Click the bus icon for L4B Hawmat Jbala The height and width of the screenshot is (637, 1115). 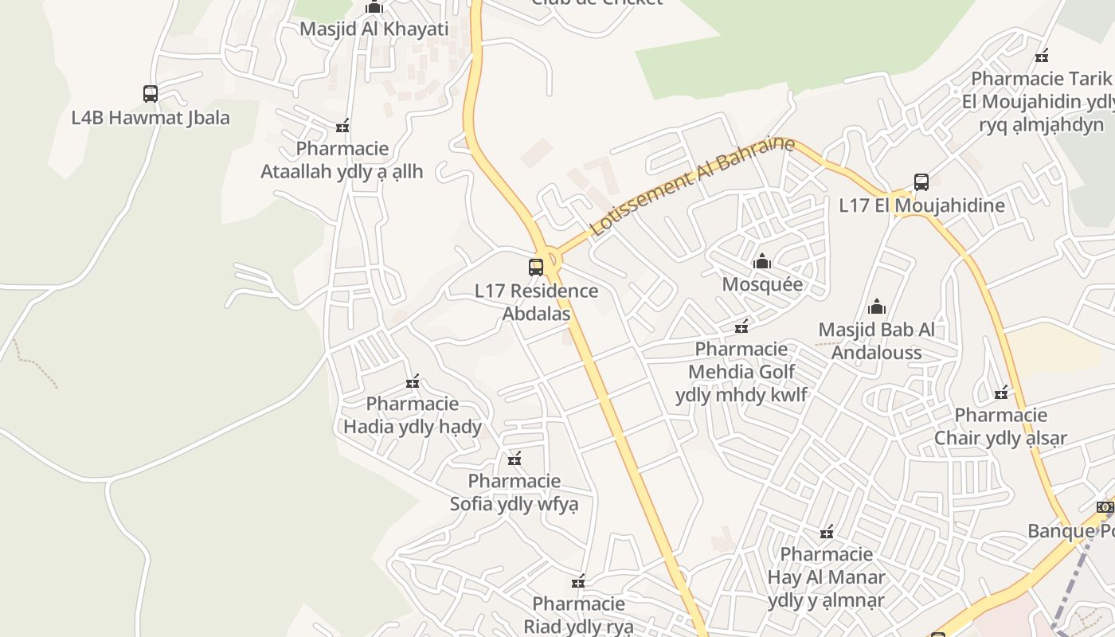tap(151, 94)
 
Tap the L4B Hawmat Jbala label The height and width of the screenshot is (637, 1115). tap(151, 118)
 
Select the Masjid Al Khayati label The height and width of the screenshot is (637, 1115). tap(374, 29)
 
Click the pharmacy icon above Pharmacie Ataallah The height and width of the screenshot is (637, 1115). tap(342, 126)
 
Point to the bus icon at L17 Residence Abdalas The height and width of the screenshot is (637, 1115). tap(536, 268)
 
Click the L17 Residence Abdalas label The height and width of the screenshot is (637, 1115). tap(536, 302)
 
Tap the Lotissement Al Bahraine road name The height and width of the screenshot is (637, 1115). tap(692, 186)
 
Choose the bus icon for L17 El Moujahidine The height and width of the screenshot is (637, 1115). tap(921, 182)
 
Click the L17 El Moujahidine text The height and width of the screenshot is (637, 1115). tap(921, 205)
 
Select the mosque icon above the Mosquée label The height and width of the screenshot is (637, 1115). tap(762, 261)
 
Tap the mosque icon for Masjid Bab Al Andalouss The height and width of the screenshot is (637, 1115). tap(877, 307)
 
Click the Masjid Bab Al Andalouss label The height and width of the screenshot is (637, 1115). tap(877, 341)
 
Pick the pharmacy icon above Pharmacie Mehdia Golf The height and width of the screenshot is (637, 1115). tap(741, 326)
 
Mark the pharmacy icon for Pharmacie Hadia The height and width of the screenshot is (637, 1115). tap(413, 381)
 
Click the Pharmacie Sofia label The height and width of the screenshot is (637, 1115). tap(514, 492)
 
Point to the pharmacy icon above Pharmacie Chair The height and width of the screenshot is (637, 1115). tap(1001, 393)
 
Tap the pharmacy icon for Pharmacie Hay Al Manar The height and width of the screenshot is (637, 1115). tap(827, 532)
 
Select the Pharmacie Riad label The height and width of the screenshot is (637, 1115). tap(578, 615)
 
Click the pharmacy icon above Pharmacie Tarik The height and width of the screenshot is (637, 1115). tap(1041, 56)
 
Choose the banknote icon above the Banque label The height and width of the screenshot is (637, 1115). tap(1104, 507)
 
